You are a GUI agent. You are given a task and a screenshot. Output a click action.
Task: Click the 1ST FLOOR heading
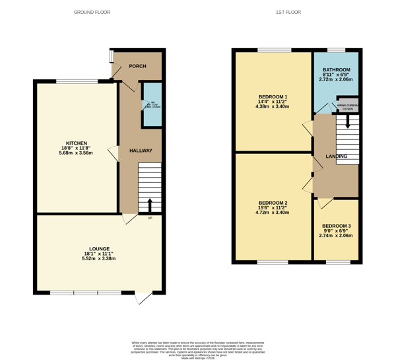pos(288,12)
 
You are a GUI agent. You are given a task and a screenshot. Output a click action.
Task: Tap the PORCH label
pos(137,66)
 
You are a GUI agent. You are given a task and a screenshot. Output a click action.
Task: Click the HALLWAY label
pos(141,151)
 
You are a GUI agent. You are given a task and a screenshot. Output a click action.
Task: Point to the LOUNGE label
pos(99,248)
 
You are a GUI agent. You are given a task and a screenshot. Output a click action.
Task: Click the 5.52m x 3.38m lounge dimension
pos(99,259)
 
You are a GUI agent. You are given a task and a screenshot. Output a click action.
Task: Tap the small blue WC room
pos(152,104)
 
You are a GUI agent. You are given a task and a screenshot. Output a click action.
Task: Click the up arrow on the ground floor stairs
pos(150,204)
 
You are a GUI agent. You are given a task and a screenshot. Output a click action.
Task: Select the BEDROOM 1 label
pos(273,97)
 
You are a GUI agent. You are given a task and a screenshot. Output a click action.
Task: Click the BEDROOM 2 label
pos(273,202)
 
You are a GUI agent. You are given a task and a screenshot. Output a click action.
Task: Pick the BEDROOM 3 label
pos(336,225)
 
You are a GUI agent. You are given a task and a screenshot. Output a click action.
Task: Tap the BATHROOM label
pos(336,69)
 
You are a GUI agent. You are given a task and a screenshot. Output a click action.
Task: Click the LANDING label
pos(337,157)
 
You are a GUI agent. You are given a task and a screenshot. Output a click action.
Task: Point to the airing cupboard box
pos(347,105)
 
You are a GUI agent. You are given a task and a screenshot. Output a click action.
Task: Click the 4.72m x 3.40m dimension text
pos(273,213)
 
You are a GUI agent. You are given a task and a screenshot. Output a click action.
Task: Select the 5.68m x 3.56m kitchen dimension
pos(75,153)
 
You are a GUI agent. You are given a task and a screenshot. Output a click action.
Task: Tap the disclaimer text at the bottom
pos(199,346)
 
